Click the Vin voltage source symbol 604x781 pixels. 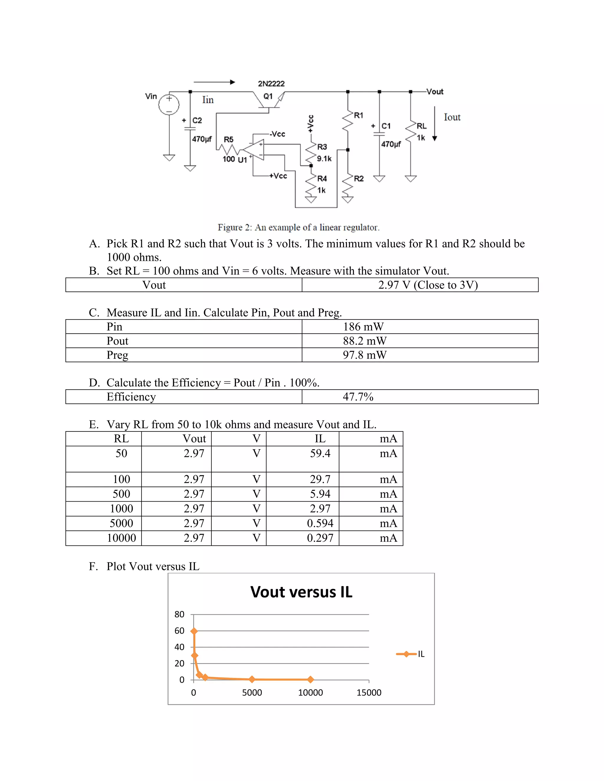[169, 104]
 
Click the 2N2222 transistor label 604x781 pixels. [271, 84]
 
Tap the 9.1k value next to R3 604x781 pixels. [324, 159]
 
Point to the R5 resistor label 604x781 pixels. [228, 139]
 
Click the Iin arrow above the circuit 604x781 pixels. [214, 82]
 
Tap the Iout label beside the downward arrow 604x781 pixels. [452, 117]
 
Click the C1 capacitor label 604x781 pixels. [386, 126]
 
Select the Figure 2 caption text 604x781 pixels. [298, 228]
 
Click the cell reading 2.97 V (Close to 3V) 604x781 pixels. [428, 285]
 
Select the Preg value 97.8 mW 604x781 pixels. [365, 355]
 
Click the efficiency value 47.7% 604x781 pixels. [358, 397]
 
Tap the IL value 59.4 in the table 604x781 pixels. [320, 454]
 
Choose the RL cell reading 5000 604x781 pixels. [121, 523]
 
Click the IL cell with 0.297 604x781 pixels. [320, 538]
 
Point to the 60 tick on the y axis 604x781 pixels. [179, 631]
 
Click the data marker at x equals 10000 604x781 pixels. [311, 679]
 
